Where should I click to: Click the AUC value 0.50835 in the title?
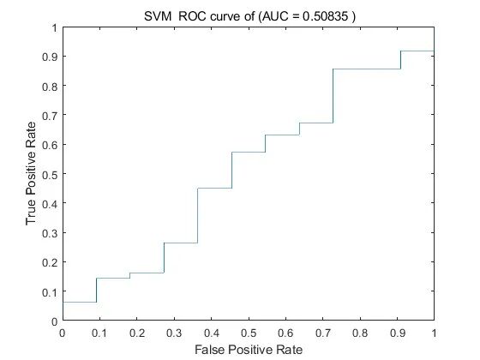326,16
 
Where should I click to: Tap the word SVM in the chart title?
158,16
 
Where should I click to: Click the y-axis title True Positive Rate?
31,173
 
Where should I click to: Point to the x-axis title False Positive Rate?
249,350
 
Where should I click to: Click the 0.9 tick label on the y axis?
50,57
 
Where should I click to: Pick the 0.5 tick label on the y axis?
50,174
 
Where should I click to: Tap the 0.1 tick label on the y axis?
50,291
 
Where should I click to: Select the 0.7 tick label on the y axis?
50,115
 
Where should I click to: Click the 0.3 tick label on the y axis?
50,233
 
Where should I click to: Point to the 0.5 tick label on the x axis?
249,333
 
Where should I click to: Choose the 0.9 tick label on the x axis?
398,333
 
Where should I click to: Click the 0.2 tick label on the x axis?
137,333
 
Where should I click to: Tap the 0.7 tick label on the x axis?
323,333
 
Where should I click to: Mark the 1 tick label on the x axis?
434,333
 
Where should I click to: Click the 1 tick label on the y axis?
55,28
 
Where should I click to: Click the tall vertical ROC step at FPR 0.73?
333,96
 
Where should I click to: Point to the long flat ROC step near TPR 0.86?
367,69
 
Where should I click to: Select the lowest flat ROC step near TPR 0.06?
80,302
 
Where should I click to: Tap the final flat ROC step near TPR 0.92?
417,51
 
